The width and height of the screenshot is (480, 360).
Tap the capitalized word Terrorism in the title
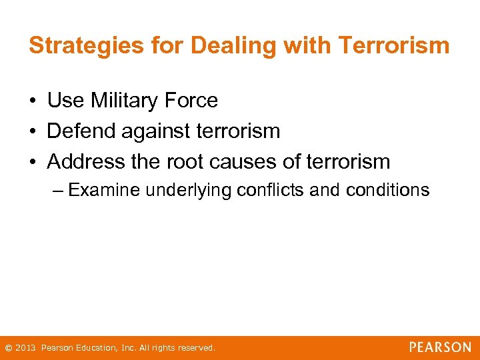[393, 45]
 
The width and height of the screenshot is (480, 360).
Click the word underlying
[190, 191]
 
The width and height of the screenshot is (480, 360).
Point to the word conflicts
[272, 191]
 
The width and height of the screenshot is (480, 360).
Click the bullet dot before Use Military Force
[33, 101]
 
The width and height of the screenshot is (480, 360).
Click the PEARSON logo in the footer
[440, 347]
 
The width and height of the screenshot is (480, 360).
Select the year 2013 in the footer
[26, 348]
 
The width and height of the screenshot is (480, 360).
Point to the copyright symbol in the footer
[8, 348]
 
